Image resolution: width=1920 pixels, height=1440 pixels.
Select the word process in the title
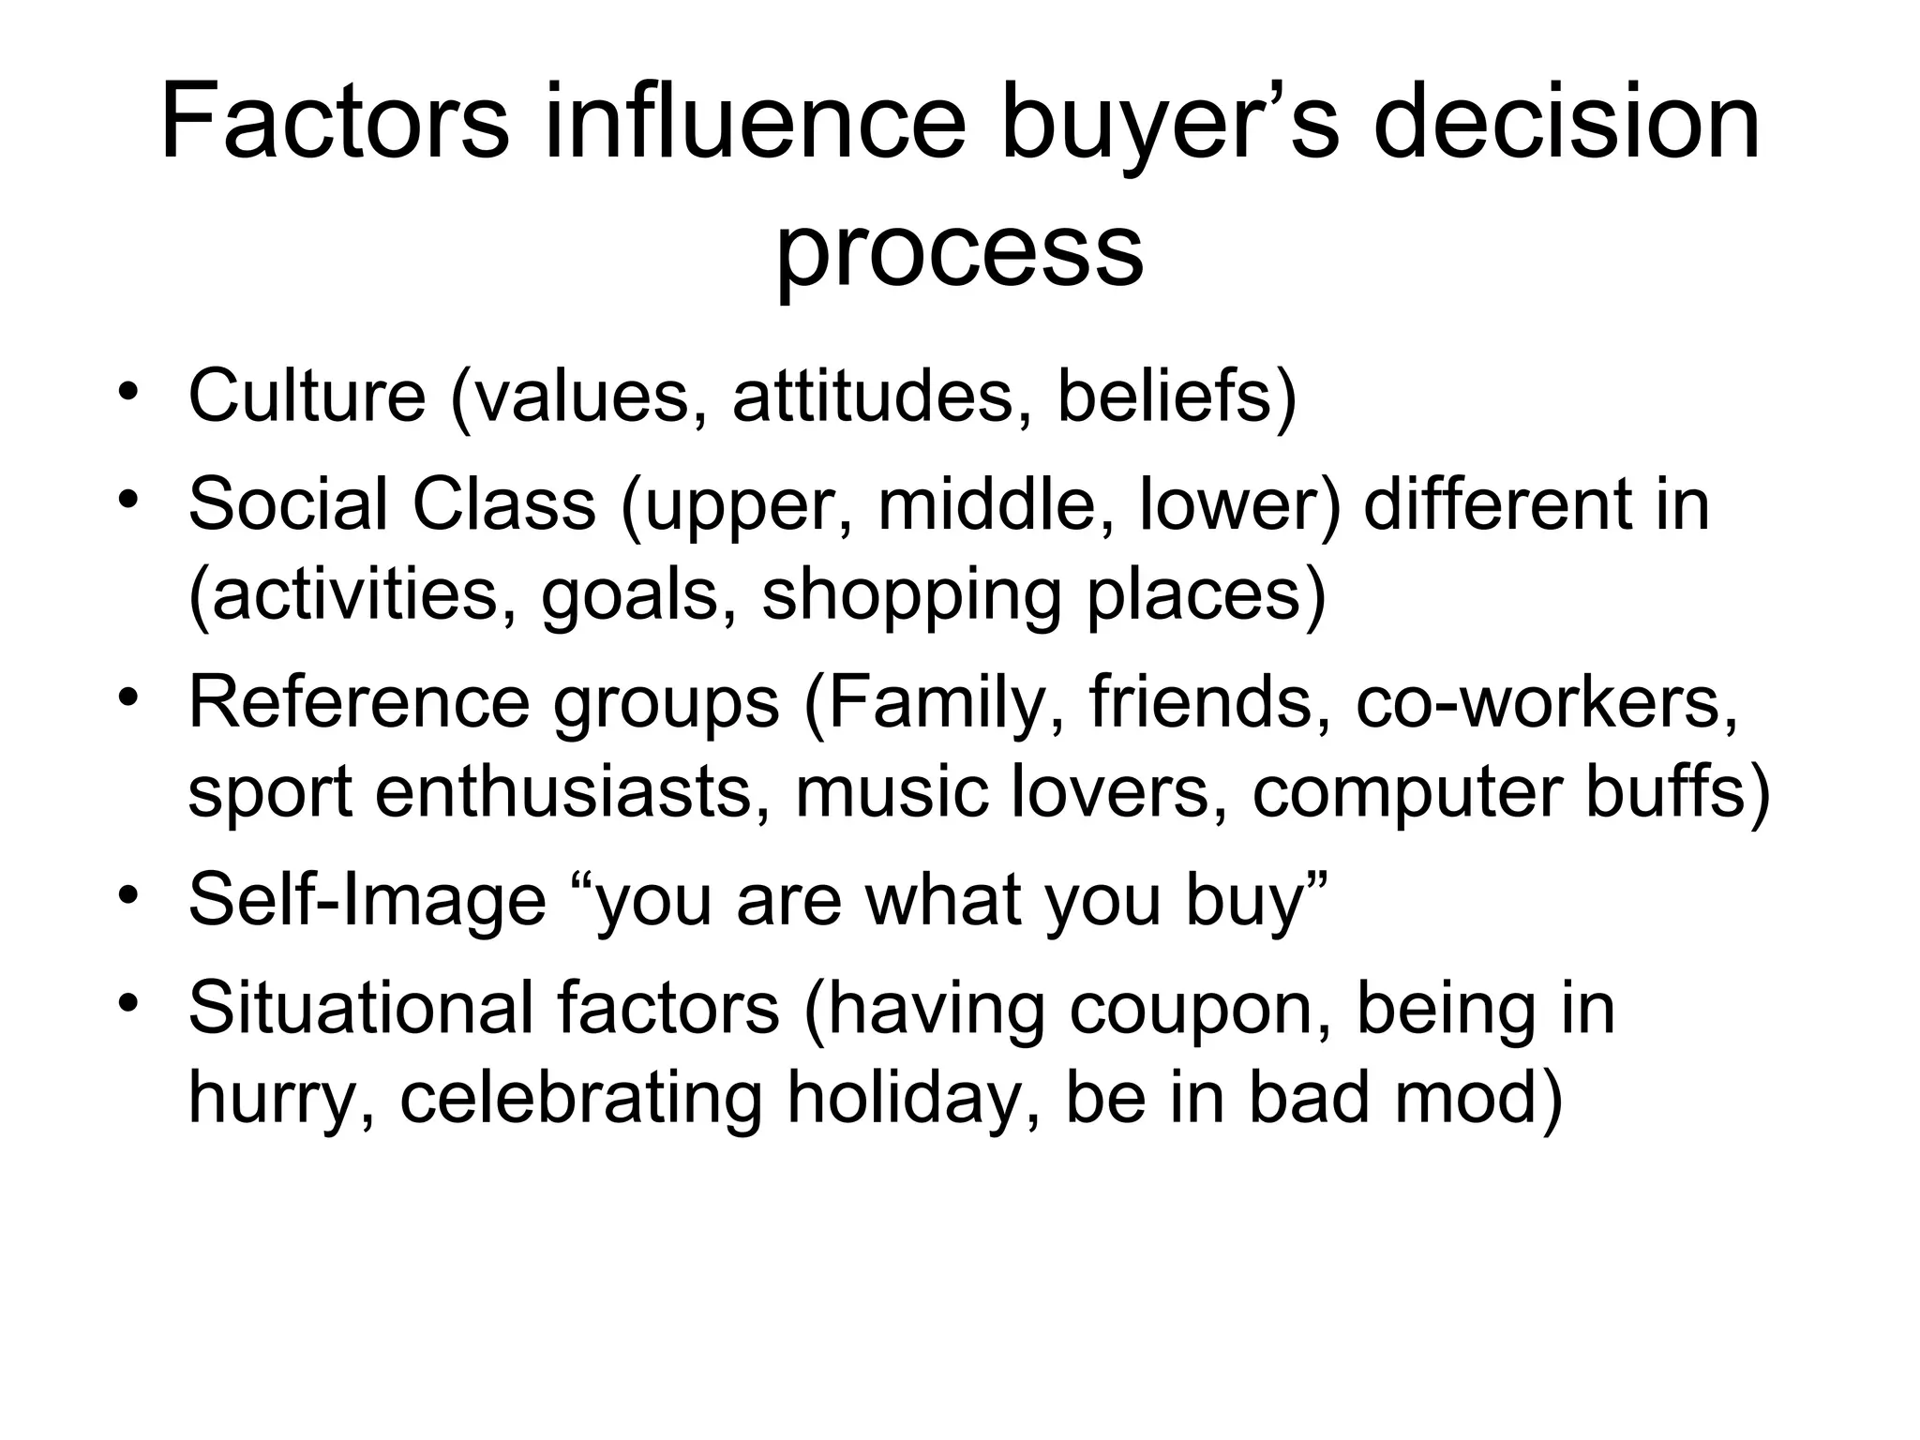[959, 251]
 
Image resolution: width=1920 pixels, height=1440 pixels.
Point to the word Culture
[307, 397]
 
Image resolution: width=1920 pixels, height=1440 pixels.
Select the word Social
[286, 504]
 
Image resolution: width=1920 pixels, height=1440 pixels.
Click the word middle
[996, 504]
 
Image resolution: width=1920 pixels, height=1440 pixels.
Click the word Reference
[359, 703]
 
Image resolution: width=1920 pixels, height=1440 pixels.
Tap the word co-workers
[1546, 703]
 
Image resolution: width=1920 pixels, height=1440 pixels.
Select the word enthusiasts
[573, 793]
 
